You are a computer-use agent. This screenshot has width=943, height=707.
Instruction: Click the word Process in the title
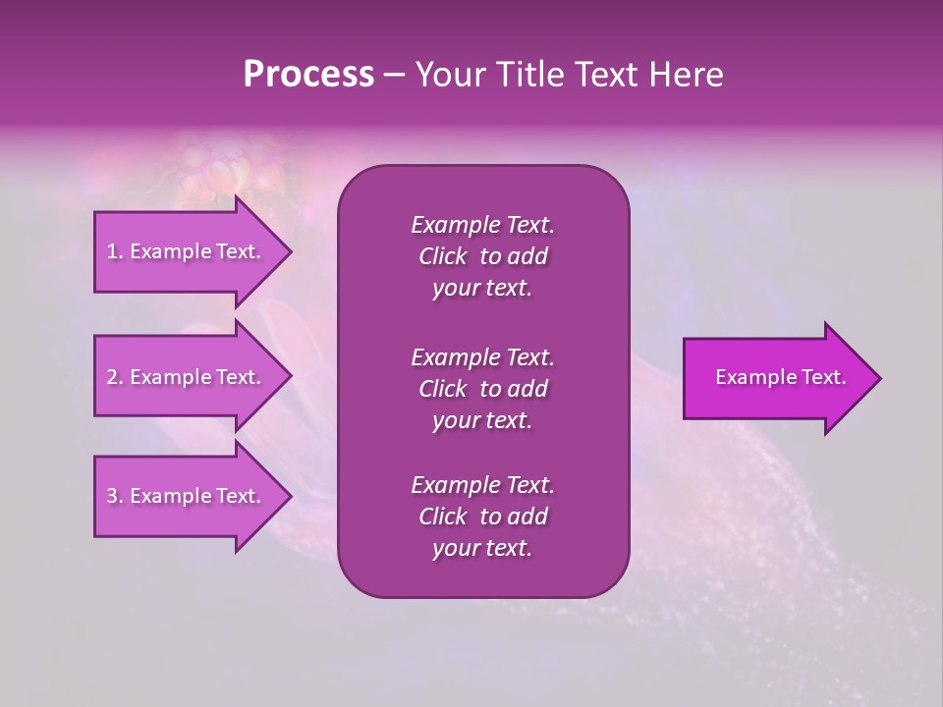coord(308,75)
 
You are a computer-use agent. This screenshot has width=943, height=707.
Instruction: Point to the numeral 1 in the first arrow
coord(111,251)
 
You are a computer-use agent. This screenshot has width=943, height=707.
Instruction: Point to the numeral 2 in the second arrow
coord(111,377)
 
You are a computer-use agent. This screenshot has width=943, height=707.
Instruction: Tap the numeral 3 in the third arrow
coord(111,496)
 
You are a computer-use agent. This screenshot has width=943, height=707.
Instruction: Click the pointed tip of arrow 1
coord(290,251)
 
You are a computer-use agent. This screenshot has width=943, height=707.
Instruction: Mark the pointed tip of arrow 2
coord(290,377)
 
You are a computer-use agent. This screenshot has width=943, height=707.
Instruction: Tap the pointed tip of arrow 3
coord(290,496)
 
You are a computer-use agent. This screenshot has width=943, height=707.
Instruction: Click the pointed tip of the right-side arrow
coord(879,378)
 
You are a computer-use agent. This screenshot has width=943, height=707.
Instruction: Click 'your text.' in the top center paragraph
coord(482,289)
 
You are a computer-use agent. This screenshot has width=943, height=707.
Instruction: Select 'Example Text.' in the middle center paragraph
coord(482,356)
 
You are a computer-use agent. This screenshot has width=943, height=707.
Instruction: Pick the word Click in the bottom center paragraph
coord(443,517)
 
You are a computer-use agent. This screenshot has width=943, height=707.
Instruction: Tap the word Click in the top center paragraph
coord(443,256)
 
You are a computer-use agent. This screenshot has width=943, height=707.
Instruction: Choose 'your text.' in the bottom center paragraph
coord(482,549)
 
